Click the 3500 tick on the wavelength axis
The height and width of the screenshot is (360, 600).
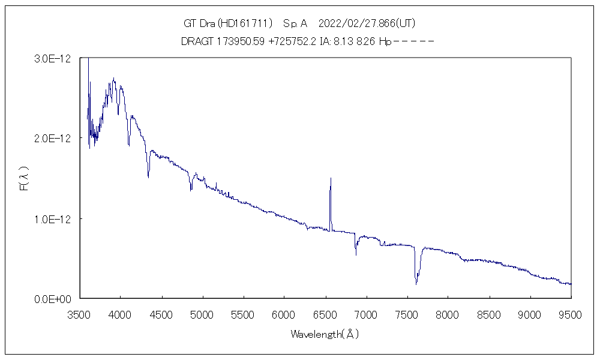79,314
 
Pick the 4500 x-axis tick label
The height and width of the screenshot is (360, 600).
161,314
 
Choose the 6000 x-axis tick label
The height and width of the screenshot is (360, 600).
284,314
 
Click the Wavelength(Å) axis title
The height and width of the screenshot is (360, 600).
325,334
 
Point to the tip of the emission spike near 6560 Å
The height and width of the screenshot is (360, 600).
331,178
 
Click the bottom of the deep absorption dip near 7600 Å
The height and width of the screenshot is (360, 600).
416,284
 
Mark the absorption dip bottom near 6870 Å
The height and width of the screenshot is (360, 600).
356,254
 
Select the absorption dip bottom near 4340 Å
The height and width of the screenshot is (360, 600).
148,177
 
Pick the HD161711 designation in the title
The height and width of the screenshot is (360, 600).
245,24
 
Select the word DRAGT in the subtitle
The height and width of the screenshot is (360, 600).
196,41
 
